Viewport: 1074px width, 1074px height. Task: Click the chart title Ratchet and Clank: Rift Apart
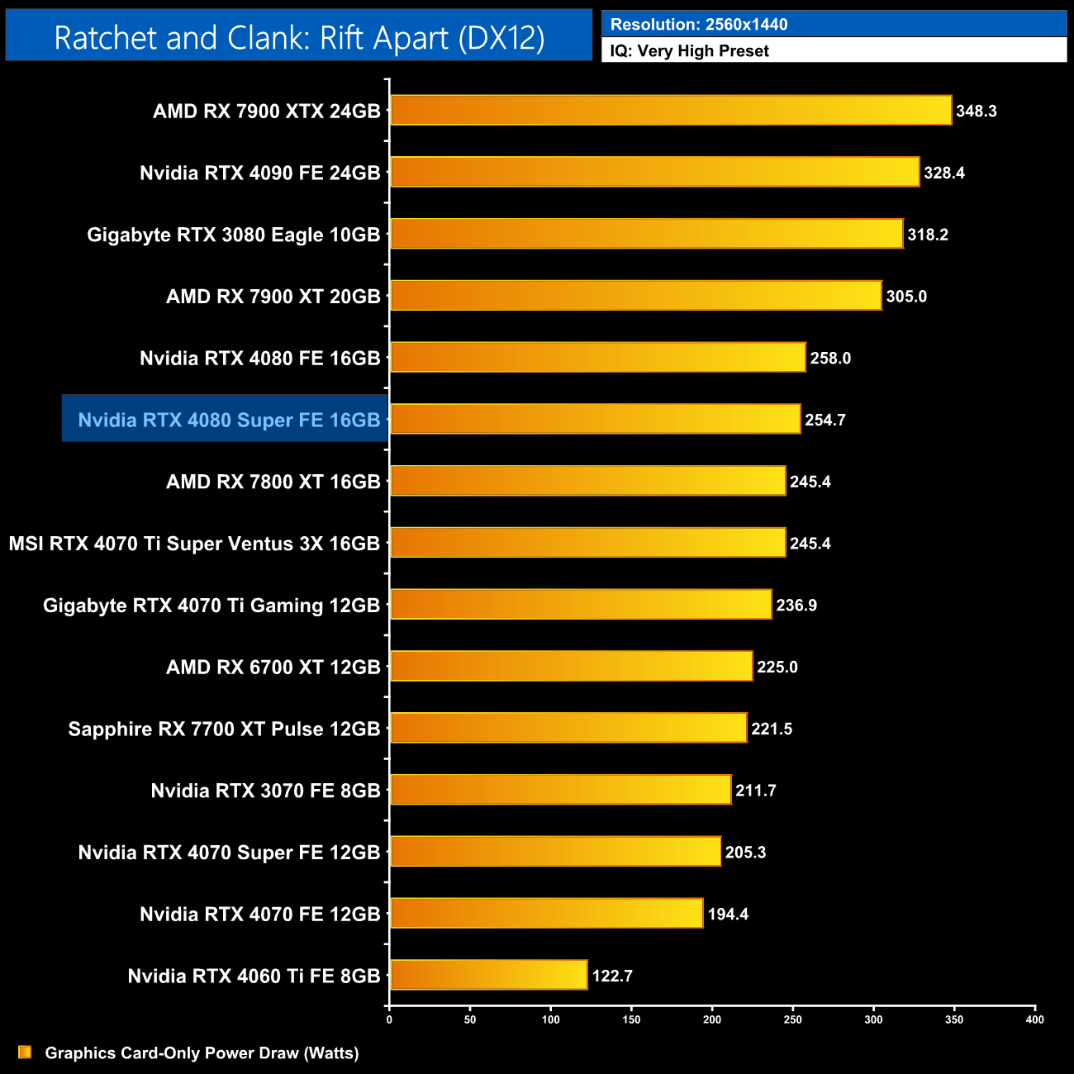(x=299, y=37)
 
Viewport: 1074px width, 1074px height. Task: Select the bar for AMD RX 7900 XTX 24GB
(x=670, y=111)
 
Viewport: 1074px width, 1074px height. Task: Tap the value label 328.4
(x=943, y=173)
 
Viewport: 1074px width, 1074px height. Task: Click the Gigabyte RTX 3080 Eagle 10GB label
(x=233, y=235)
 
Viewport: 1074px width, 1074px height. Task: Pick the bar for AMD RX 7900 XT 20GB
(x=635, y=296)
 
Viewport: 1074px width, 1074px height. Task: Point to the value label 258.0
(x=829, y=358)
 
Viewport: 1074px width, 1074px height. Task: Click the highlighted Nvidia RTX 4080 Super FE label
(x=229, y=420)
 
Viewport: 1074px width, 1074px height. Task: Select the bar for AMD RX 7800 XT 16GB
(x=587, y=481)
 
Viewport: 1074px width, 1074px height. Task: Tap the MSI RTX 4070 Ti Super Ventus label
(x=194, y=544)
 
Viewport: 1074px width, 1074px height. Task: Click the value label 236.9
(x=796, y=605)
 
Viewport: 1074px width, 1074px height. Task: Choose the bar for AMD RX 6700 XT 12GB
(x=571, y=666)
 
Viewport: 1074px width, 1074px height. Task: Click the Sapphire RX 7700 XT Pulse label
(x=224, y=729)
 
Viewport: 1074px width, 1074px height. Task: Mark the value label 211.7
(x=755, y=791)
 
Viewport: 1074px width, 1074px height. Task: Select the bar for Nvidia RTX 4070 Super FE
(x=555, y=852)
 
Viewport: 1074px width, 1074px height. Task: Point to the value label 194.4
(x=728, y=914)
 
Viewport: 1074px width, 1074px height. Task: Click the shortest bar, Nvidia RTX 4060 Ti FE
(x=488, y=975)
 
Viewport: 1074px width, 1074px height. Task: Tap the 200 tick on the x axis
(x=712, y=1019)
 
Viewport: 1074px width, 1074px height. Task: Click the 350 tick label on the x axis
(x=954, y=1019)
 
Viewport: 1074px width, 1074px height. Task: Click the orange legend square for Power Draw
(x=25, y=1052)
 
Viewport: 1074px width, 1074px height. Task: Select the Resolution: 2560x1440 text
(x=699, y=24)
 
